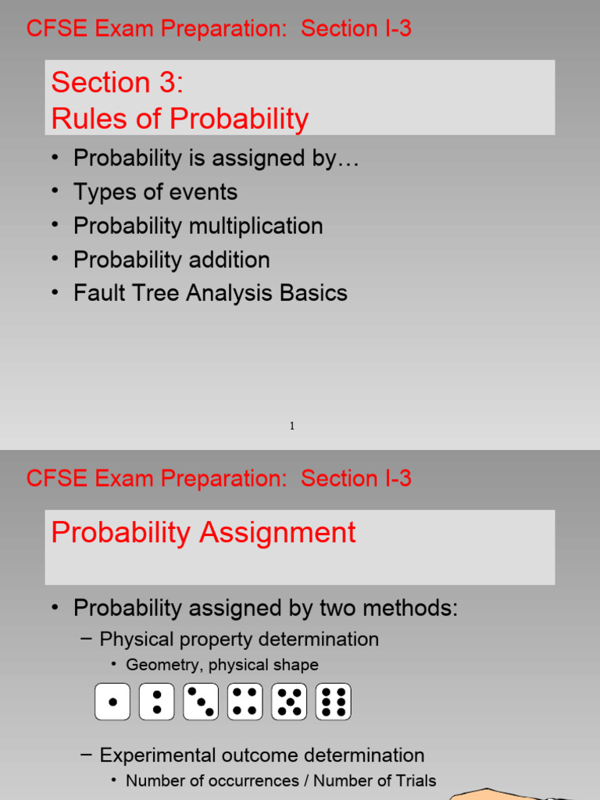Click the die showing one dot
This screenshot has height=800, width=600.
point(112,702)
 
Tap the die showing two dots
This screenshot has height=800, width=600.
point(156,702)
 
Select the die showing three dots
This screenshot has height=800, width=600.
point(201,702)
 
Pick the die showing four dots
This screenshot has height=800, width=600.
point(245,702)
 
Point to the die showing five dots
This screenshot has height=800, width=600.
point(289,702)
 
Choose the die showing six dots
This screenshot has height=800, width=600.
point(333,702)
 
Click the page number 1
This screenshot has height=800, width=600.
point(292,426)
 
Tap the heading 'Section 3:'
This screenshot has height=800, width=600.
point(117,82)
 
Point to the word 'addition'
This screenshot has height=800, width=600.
point(230,259)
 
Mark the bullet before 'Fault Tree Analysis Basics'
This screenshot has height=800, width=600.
point(55,292)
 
